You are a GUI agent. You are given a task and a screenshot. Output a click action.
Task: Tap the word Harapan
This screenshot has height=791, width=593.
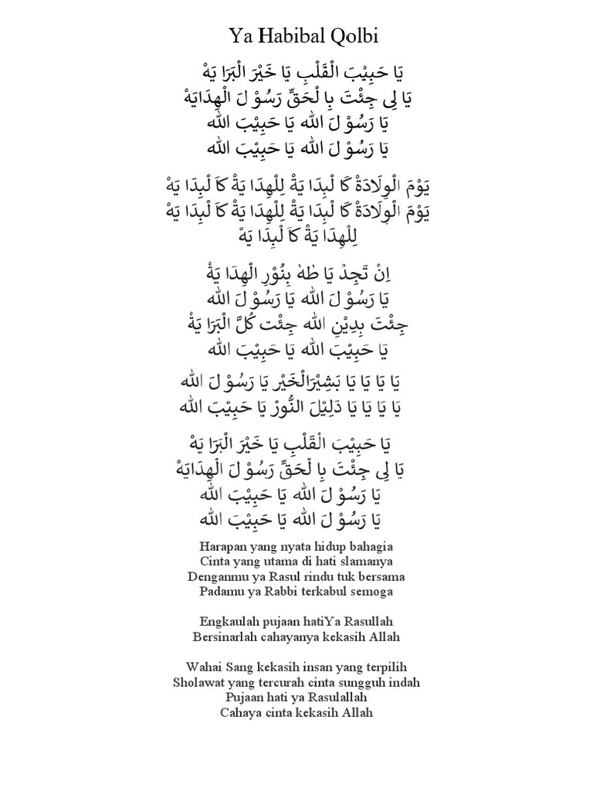click(210, 546)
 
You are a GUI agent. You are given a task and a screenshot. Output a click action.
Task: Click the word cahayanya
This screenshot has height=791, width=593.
click(291, 637)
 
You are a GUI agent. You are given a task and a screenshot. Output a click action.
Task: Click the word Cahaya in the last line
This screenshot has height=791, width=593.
click(240, 712)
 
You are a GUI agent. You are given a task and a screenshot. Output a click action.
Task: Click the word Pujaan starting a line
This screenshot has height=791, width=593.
click(246, 697)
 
